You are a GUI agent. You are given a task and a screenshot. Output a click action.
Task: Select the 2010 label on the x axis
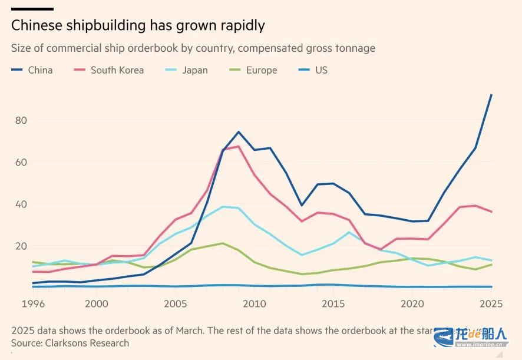tap(254, 303)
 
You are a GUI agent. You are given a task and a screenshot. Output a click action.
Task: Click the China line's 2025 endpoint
tap(492, 95)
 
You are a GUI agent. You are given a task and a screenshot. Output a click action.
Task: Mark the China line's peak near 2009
tap(239, 131)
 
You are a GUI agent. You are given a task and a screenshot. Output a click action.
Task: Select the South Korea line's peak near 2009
tap(238, 146)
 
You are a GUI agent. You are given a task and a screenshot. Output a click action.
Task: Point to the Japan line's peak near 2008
tap(223, 206)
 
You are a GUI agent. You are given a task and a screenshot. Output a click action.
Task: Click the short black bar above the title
tap(32, 9)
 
